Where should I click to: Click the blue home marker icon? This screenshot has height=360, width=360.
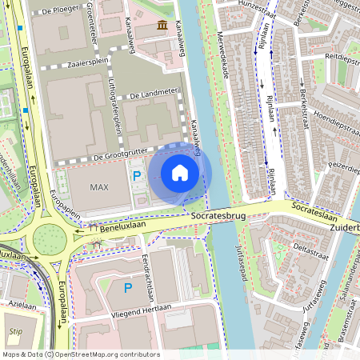(x=180, y=173)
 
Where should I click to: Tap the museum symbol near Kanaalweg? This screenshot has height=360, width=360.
(x=163, y=26)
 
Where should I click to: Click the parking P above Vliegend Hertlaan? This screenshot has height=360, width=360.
(x=127, y=287)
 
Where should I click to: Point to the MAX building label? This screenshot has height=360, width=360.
(x=98, y=187)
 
